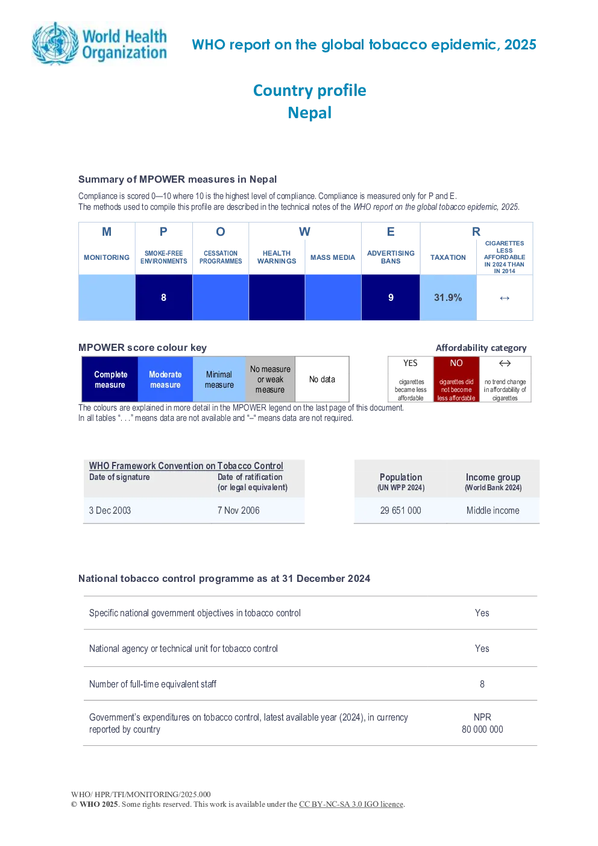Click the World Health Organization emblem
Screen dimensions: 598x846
click(56, 43)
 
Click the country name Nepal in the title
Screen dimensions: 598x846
click(310, 113)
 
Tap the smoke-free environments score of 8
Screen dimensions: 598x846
click(163, 298)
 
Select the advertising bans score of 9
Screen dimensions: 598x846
click(391, 298)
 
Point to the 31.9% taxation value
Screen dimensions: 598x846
click(448, 298)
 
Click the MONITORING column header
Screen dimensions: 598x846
click(107, 257)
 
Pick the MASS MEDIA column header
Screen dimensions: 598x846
click(333, 257)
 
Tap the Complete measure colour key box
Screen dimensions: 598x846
click(110, 379)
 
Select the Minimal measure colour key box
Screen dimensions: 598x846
click(219, 379)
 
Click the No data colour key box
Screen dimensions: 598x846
click(322, 379)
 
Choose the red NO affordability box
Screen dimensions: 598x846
click(456, 379)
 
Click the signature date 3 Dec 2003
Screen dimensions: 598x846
click(110, 510)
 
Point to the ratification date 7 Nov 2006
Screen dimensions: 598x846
click(238, 510)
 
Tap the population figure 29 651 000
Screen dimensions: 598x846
click(400, 510)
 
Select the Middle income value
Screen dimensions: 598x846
click(493, 510)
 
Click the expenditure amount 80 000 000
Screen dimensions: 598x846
click(482, 729)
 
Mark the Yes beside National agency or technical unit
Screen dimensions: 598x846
click(482, 648)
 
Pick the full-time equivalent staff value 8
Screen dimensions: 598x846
click(482, 684)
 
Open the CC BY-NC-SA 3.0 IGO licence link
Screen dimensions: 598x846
click(351, 804)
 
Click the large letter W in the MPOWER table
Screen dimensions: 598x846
click(304, 232)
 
